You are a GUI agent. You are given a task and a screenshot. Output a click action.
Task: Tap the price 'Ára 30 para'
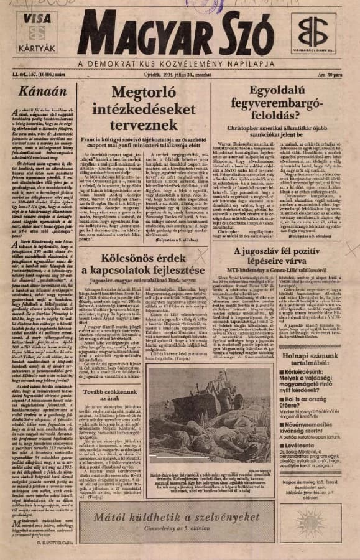(336, 75)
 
